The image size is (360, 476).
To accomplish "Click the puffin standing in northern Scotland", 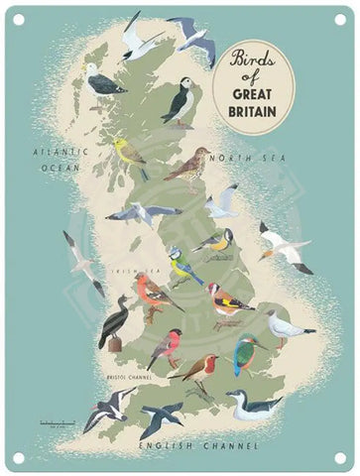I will click(179, 101).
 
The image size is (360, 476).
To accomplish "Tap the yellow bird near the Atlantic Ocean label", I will click(132, 154).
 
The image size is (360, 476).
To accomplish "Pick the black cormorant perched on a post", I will click(115, 322).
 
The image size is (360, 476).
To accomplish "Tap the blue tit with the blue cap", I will click(182, 266).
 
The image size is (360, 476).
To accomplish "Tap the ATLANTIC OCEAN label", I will click(59, 162).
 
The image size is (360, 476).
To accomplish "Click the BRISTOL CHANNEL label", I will click(126, 378).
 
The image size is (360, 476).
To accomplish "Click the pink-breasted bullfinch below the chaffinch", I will click(165, 347).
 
